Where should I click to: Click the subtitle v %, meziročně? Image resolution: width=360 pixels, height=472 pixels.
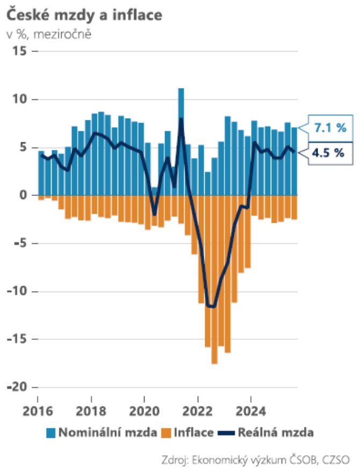[49, 35]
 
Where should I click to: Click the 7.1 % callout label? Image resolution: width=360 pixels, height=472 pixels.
[329, 128]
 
